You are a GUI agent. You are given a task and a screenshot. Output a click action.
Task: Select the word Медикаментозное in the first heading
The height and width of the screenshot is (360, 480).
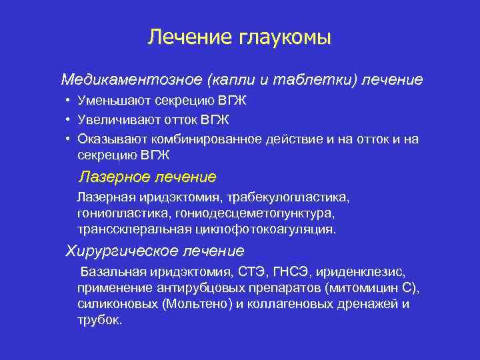pyautogui.click(x=131, y=80)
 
